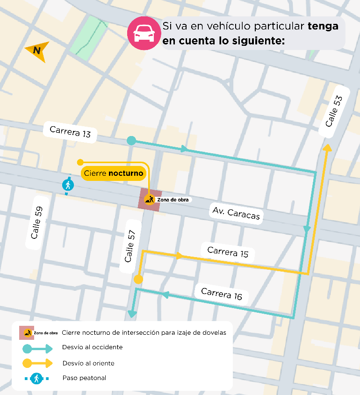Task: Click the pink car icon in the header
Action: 144,33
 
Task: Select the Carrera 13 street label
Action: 70,132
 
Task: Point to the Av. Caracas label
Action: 236,214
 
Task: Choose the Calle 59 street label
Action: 37,223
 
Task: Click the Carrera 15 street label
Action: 228,252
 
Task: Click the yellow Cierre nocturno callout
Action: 113,173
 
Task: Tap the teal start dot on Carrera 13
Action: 131,140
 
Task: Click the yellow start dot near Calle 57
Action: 138,280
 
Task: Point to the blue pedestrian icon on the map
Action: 68,185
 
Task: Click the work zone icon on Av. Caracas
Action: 150,200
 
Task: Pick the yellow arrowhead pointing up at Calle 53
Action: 327,148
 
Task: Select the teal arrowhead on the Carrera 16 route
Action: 165,294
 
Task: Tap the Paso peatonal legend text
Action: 84,378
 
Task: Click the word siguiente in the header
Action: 257,41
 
